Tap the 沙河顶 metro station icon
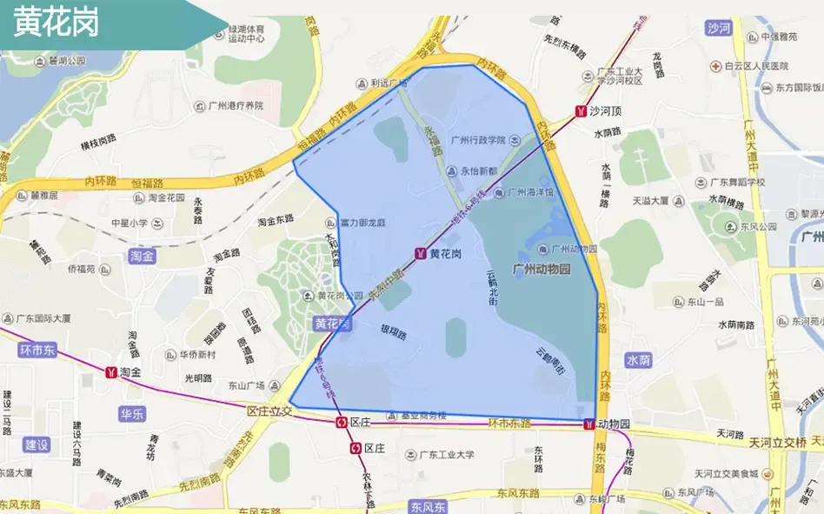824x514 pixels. point(581,111)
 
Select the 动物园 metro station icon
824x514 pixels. point(589,424)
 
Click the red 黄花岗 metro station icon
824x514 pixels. point(421,253)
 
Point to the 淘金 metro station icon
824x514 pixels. point(111,372)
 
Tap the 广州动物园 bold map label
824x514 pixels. point(542,270)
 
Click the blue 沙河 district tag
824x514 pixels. point(719,28)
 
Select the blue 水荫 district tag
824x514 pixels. point(637,359)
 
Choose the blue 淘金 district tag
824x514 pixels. point(142,256)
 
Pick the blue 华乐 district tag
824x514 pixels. point(133,414)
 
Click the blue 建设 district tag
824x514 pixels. point(37,444)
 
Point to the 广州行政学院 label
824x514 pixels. point(478,140)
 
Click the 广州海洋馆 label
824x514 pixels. point(529,193)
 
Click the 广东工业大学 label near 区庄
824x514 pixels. point(447,454)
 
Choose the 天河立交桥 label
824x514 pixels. point(779,442)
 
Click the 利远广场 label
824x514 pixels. point(389,83)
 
